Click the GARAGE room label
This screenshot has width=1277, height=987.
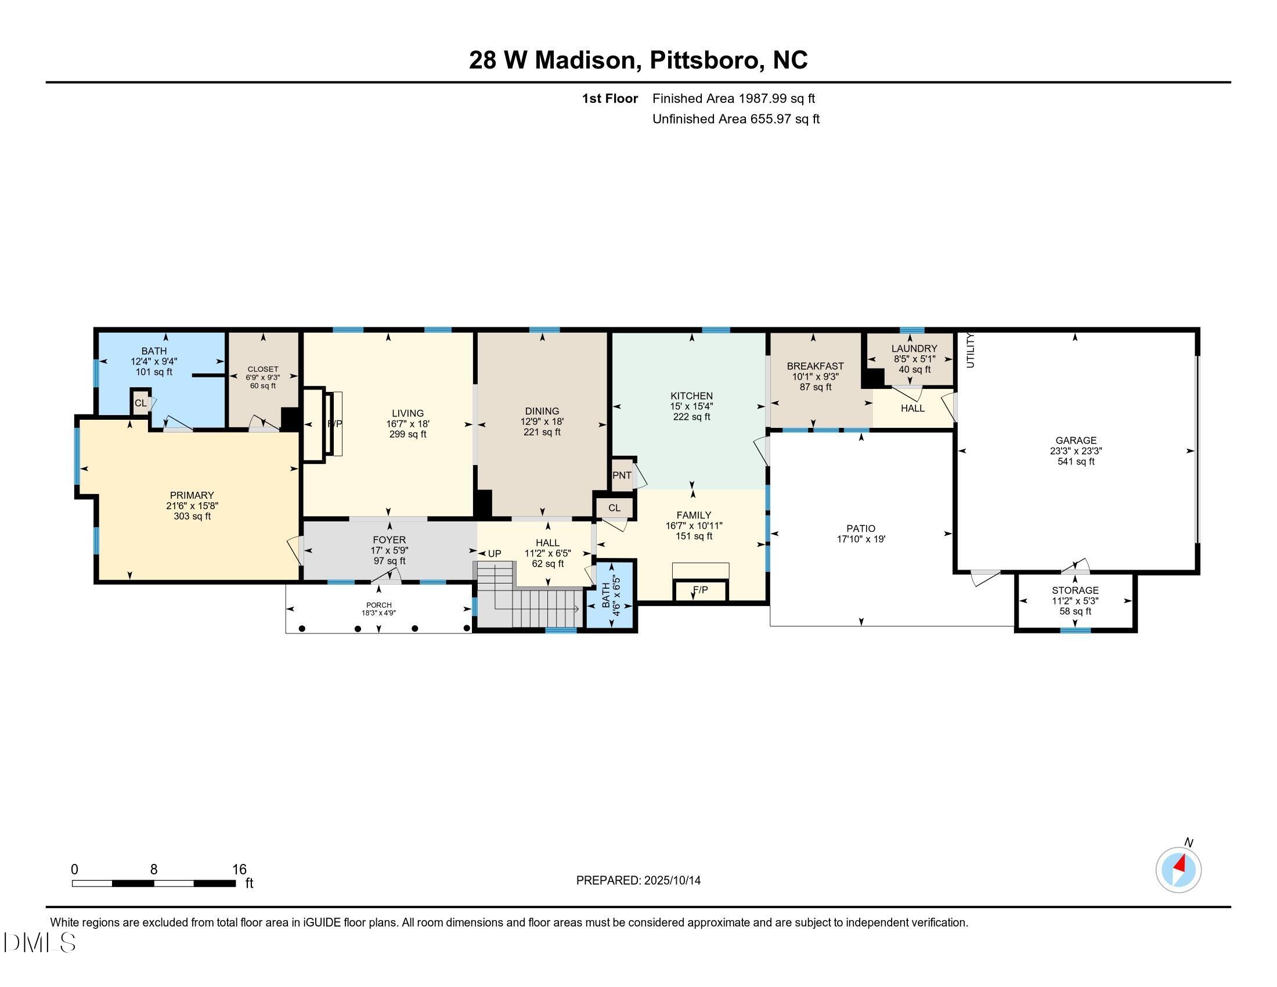tap(1075, 440)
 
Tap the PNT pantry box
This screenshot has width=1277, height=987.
tap(622, 476)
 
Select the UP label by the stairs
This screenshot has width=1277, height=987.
tap(495, 553)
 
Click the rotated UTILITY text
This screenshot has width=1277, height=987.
tap(971, 350)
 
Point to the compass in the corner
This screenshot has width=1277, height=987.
tap(1178, 870)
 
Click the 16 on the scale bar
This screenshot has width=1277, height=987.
tap(239, 869)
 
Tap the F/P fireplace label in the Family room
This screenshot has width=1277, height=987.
tap(700, 590)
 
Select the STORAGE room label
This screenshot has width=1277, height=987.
tap(1074, 590)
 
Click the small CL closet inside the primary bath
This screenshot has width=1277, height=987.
tap(140, 403)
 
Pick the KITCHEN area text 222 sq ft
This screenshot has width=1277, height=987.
tap(691, 417)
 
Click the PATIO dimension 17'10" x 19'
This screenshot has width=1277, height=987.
tap(861, 539)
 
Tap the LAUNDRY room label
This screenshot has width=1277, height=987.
tap(914, 348)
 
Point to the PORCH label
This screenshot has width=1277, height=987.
tap(379, 605)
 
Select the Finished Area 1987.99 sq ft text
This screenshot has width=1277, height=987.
tap(733, 98)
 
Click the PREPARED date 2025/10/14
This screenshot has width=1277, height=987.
tap(638, 880)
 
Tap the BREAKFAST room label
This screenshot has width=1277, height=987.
tap(815, 366)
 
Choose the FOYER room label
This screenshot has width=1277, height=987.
tap(389, 540)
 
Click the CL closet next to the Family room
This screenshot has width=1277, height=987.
tap(614, 507)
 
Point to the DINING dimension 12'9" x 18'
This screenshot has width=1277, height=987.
tap(542, 422)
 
